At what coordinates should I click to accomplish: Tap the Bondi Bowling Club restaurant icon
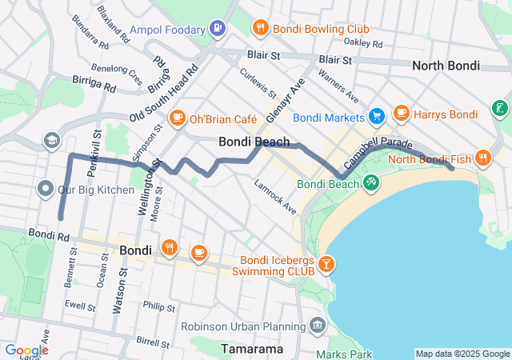(260, 29)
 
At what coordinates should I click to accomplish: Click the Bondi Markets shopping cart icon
(376, 117)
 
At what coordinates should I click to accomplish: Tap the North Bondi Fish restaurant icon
(482, 158)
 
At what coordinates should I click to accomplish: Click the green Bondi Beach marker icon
(370, 184)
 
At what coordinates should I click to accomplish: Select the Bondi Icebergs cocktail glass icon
(326, 263)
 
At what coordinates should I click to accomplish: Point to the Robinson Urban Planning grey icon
(318, 326)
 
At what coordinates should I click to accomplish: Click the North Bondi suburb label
(446, 66)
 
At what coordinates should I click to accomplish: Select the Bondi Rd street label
(49, 234)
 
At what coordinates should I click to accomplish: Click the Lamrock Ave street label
(274, 198)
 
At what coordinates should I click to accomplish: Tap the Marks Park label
(344, 354)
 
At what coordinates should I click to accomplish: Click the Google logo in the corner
(26, 350)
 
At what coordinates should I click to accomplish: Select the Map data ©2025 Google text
(462, 354)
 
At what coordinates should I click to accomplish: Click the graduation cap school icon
(52, 141)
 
